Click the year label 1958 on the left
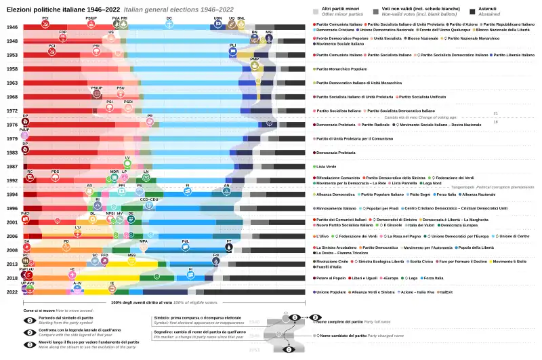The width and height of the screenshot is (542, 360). [12, 68]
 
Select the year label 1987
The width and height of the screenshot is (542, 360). [12, 166]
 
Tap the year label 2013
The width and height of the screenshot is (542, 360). [12, 264]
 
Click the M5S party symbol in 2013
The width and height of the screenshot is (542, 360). [131, 261]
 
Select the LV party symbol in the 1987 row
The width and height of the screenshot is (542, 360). [127, 163]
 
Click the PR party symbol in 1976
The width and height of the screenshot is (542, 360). [150, 121]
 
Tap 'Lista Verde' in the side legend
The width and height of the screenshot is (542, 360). [327, 167]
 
